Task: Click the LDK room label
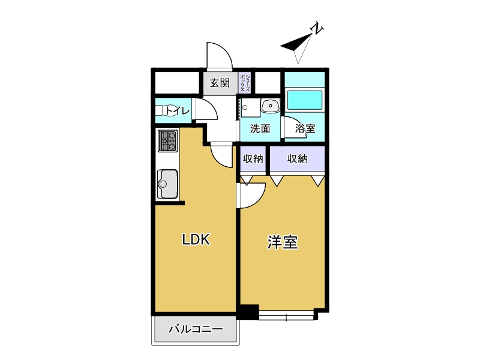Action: point(196,239)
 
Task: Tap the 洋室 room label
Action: point(283,242)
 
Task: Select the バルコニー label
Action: point(196,329)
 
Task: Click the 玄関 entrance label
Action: point(220,83)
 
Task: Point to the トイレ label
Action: point(178,110)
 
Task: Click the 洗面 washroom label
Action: point(260,128)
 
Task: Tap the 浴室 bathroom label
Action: point(305,128)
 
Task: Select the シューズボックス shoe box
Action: point(245,83)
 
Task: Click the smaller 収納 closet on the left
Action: point(253,159)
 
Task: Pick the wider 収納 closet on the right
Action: point(297,159)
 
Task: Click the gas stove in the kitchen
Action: point(168,141)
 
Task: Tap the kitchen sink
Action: point(167,184)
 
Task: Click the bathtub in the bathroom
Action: point(304,100)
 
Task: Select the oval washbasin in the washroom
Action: point(271,106)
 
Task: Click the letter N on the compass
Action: point(317,28)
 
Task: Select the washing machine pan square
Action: point(250,107)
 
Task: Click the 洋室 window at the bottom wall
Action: point(286,316)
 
